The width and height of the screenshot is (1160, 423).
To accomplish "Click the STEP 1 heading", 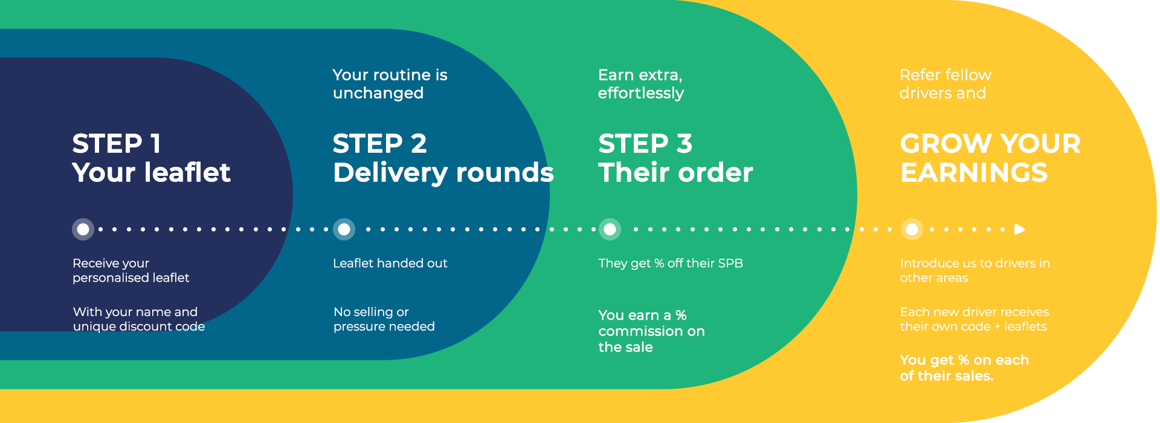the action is click(117, 144).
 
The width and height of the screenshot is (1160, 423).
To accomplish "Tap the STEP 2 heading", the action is click(379, 144).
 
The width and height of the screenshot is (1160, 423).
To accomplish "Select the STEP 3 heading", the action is click(645, 144).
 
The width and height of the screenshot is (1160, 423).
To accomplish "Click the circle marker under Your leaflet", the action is click(83, 229).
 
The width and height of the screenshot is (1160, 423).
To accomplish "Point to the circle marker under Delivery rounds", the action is click(344, 229).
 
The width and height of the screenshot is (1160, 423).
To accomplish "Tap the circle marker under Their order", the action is click(610, 229).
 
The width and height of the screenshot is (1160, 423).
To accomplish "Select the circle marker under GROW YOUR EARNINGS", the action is click(912, 229).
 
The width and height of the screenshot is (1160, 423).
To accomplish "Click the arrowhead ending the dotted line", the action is click(1020, 229).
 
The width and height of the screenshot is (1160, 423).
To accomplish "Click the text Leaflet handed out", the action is click(390, 263).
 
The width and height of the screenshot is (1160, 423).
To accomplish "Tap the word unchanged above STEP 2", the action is click(378, 93).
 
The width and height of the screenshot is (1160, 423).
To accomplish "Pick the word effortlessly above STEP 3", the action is click(641, 94).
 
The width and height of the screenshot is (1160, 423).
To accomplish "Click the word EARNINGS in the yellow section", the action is click(974, 173).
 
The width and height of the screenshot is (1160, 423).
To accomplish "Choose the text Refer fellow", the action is click(946, 75).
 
